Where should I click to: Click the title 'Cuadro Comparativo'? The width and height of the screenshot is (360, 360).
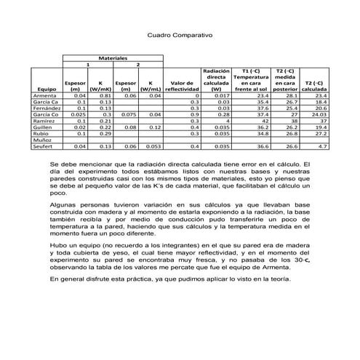pos(180,35)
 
